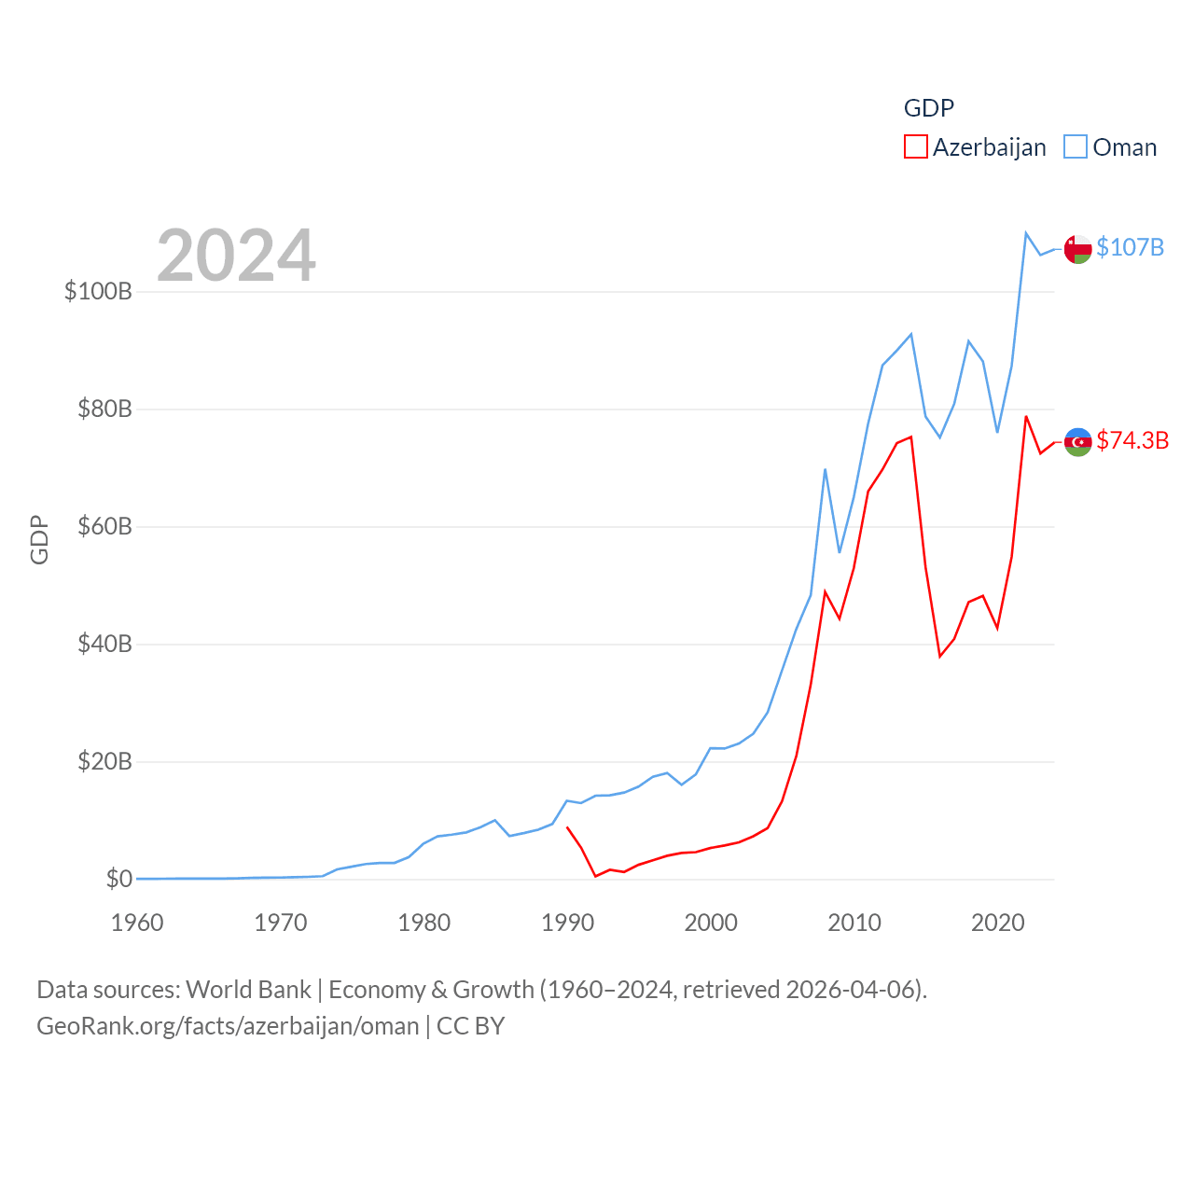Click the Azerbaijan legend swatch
tap(916, 147)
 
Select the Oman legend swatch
tap(1076, 147)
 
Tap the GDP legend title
tap(929, 108)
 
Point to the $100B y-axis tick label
tap(98, 291)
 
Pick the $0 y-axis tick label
tap(118, 879)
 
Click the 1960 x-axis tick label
tap(137, 923)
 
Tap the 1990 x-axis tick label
tap(567, 923)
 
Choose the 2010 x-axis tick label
tap(854, 923)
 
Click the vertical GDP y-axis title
tap(39, 539)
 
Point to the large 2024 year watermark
tap(236, 256)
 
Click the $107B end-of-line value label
tap(1130, 247)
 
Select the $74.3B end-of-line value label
tap(1132, 440)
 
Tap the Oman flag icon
tap(1078, 249)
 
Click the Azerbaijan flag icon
tap(1078, 442)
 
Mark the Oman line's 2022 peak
tap(1026, 233)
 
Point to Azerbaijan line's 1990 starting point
tap(567, 827)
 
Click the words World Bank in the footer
tap(248, 990)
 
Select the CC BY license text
tap(470, 1026)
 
